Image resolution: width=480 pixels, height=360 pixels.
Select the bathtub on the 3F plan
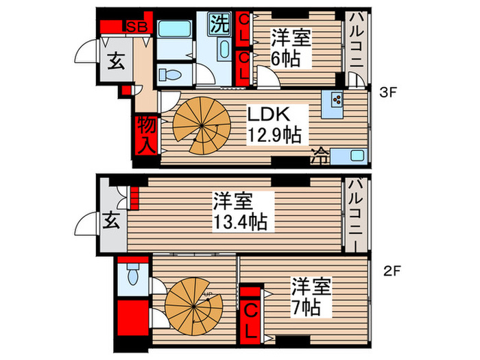pos(176,31)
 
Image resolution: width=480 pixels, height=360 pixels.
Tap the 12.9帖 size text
pos(275,133)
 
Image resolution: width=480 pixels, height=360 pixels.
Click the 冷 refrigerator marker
pos(320,153)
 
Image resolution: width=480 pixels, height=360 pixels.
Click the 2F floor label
pos(391,269)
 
